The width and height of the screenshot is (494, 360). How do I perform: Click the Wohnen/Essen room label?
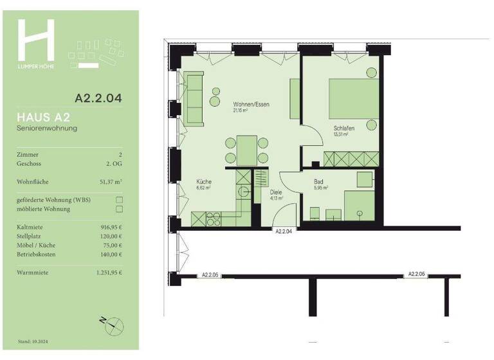point(250,104)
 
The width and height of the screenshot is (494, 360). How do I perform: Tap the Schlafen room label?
point(344,128)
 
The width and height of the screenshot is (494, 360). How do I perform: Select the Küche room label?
point(204,182)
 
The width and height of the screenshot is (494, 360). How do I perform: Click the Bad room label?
point(318,182)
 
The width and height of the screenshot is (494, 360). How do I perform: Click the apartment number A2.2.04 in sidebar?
point(98,99)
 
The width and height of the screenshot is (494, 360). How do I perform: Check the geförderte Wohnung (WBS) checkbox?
point(118,200)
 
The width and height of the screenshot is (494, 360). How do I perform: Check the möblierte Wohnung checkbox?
point(118,209)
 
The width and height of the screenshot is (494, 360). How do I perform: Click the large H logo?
point(36,40)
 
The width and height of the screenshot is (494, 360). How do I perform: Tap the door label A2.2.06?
point(417,274)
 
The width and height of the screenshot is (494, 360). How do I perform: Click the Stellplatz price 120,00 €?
point(110,237)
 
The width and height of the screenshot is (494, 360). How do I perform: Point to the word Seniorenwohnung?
point(47,129)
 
